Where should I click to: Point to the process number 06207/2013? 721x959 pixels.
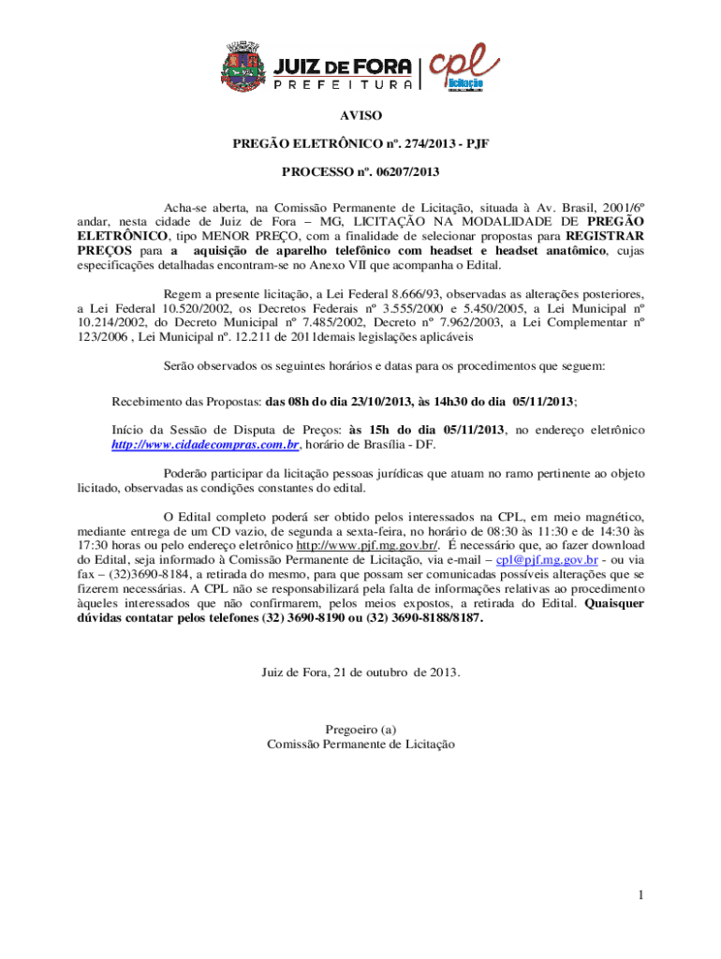tap(405, 172)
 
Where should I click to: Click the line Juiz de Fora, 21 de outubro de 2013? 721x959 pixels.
tap(360, 671)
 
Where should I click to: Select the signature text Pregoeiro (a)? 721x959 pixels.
tap(360, 729)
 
